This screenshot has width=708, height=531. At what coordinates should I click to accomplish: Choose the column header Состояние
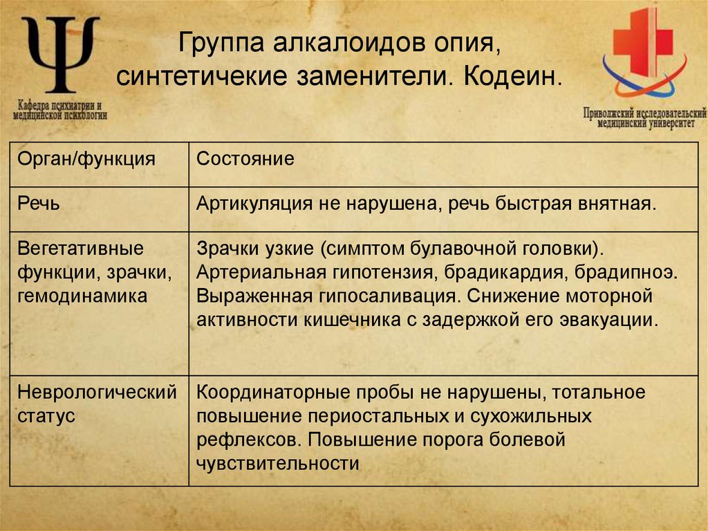click(245, 159)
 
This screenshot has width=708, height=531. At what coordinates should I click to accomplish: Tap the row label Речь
click(39, 204)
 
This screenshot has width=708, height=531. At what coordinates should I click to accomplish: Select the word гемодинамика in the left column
click(82, 296)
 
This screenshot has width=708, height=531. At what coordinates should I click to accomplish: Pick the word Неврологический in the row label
click(97, 393)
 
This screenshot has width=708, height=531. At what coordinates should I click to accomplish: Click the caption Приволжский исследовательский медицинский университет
click(644, 116)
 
